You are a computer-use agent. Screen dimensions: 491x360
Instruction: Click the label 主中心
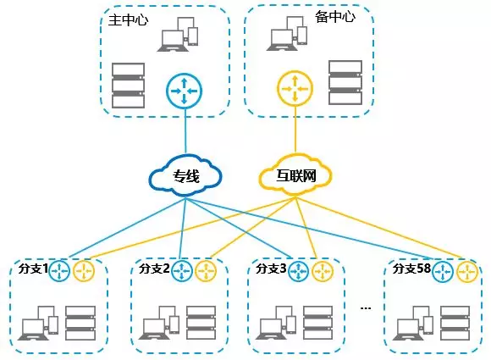128,20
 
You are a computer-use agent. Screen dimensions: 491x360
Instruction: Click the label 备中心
335,16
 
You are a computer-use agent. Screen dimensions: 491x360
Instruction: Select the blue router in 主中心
185,91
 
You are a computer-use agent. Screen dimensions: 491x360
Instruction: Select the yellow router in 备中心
295,89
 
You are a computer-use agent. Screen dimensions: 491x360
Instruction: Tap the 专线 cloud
186,176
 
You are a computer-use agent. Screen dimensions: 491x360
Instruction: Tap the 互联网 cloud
295,174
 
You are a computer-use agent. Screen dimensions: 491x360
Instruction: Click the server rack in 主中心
128,86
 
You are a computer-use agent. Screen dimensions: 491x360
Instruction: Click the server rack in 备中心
345,82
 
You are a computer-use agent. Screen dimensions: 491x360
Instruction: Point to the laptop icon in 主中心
179,34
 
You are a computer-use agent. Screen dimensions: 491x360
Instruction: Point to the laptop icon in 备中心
286,34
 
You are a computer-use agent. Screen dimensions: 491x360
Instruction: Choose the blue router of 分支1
59,270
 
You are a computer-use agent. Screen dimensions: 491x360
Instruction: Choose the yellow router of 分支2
206,271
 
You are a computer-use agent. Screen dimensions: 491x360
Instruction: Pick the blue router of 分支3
299,271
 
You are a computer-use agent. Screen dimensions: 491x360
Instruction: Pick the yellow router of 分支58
467,271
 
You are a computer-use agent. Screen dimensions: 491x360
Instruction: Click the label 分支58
411,269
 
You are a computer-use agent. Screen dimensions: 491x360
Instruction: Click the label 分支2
154,269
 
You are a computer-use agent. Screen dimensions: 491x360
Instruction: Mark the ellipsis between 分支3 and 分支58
366,308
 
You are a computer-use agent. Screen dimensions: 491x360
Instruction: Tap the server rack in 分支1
80,323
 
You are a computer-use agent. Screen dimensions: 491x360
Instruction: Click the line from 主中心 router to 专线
185,130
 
